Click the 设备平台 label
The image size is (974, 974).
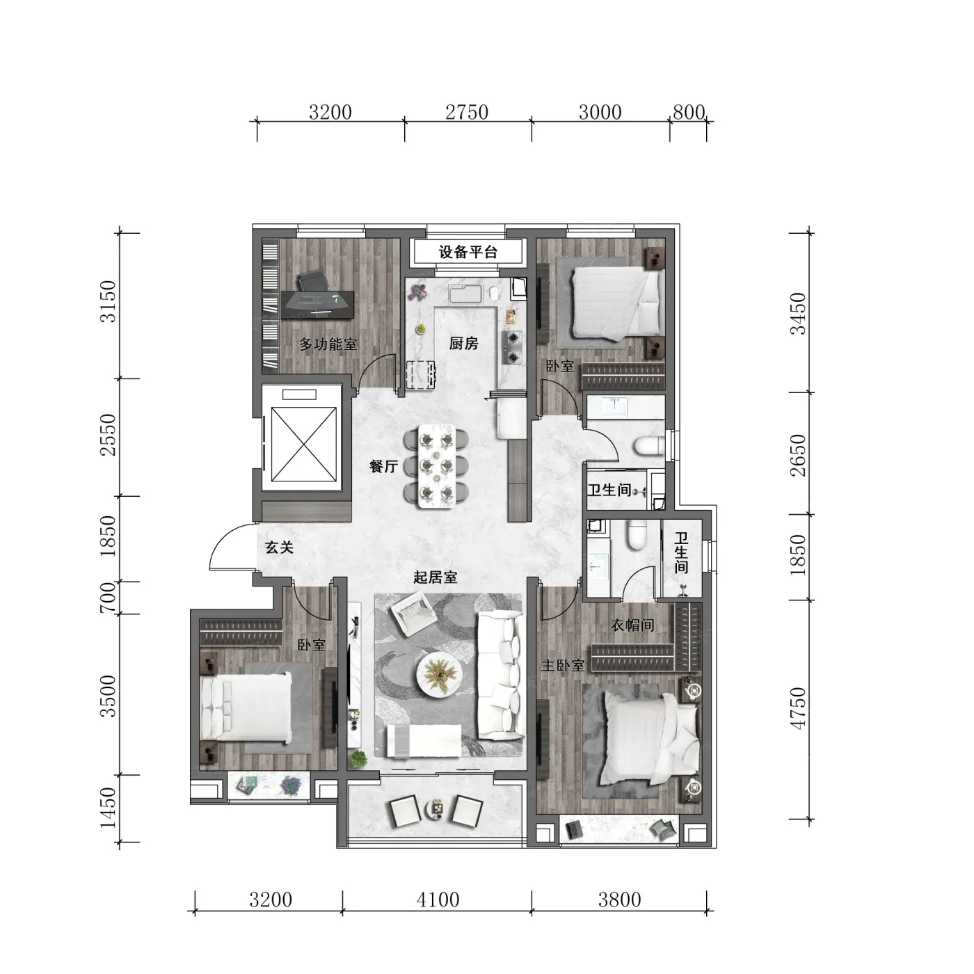[468, 252]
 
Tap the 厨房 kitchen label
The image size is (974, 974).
[463, 344]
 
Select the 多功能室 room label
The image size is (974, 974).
[328, 344]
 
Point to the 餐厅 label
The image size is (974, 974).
[383, 467]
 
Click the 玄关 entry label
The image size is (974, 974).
[279, 547]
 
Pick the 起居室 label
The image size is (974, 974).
[436, 577]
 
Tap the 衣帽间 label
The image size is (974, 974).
[632, 625]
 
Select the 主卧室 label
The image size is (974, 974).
[563, 665]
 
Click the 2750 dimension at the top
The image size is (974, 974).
[467, 112]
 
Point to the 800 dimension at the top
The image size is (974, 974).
[689, 112]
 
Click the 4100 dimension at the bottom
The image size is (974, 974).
[438, 900]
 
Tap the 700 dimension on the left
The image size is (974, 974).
[108, 598]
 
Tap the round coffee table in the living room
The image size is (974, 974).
[439, 674]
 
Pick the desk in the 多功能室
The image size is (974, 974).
[317, 304]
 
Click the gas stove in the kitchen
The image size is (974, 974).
[513, 347]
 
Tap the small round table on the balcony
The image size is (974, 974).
[436, 810]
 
